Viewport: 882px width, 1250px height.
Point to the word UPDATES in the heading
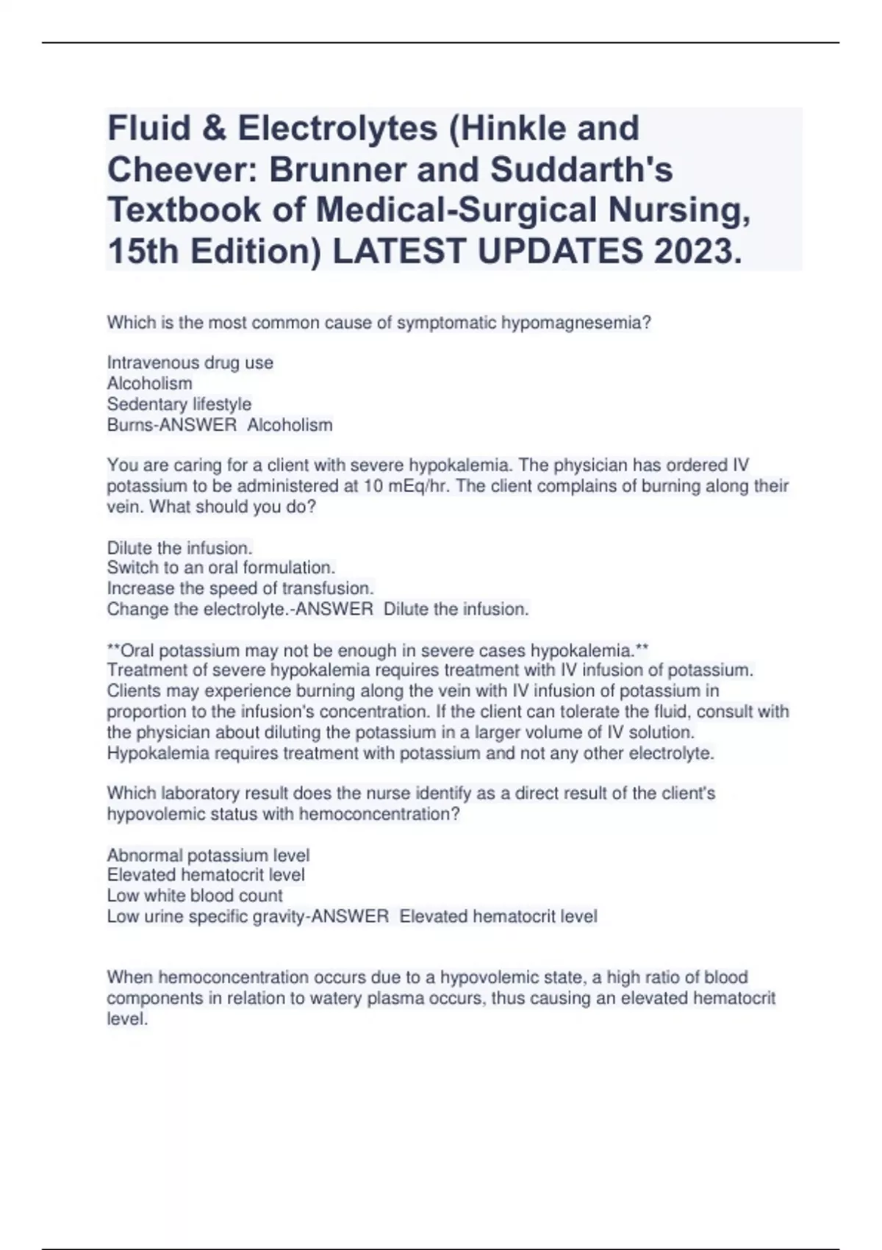560,252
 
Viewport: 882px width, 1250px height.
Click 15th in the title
144,252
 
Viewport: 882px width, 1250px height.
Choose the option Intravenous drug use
190,362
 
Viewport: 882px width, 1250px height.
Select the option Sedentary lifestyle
179,404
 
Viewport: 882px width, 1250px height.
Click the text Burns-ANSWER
172,425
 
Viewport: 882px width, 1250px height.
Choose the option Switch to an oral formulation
221,568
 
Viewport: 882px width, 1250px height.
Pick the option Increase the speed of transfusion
240,588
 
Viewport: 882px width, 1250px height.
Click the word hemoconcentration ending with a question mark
380,814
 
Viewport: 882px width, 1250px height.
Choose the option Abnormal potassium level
208,855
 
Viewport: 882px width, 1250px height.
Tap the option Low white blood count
195,896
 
